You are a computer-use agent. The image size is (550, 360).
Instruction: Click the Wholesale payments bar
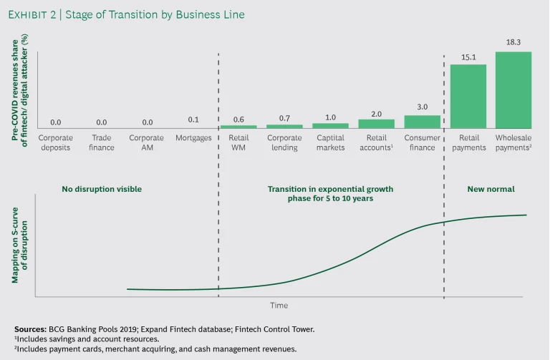pyautogui.click(x=513, y=90)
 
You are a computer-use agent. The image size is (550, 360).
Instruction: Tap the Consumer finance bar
pyautogui.click(x=423, y=122)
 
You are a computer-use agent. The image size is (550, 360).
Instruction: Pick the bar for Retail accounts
pyautogui.click(x=377, y=124)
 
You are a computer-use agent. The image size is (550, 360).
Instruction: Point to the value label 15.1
pyautogui.click(x=468, y=57)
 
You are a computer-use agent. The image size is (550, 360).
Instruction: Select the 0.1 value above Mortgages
pyautogui.click(x=193, y=120)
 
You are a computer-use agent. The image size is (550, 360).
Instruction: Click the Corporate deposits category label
pyautogui.click(x=55, y=142)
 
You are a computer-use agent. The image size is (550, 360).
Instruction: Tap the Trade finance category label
pyautogui.click(x=101, y=142)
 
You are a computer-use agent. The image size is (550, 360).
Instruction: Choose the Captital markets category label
pyautogui.click(x=330, y=142)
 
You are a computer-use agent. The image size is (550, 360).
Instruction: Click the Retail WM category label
pyautogui.click(x=238, y=142)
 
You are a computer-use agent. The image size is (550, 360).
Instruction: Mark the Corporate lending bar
pyautogui.click(x=284, y=126)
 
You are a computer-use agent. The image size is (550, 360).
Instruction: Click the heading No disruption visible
pyautogui.click(x=102, y=189)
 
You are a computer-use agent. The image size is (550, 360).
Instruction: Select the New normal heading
pyautogui.click(x=491, y=189)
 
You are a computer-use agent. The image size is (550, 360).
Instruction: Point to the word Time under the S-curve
pyautogui.click(x=279, y=306)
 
